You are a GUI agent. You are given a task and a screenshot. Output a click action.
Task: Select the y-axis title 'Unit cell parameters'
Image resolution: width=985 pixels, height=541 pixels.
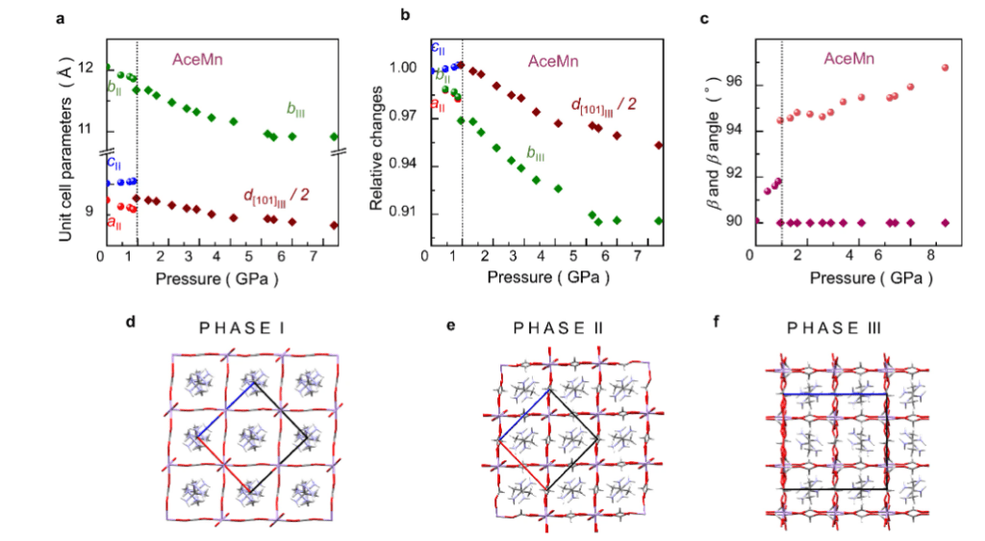pos(64,145)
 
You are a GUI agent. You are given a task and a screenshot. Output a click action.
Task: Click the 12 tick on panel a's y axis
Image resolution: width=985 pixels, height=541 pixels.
pos(86,68)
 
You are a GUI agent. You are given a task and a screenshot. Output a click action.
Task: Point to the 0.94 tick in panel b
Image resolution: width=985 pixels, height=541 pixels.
pos(399,166)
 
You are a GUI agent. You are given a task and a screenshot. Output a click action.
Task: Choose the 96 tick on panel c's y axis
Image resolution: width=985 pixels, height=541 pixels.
pos(735,85)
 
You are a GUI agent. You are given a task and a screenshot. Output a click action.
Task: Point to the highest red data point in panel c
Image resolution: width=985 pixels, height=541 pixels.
pos(945,67)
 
